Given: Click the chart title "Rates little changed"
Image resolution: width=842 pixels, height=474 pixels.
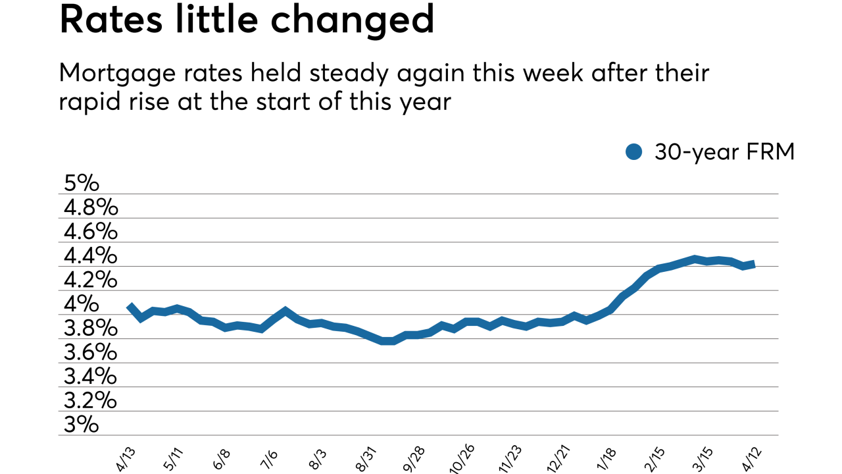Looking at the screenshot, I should [247, 20].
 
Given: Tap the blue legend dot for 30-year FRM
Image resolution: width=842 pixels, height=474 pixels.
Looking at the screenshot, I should [633, 152].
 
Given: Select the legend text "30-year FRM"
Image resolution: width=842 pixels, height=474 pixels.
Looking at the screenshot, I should [724, 152].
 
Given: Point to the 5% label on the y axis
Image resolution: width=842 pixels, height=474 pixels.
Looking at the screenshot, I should [82, 183].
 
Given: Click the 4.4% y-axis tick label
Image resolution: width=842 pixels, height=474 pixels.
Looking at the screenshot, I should [91, 255].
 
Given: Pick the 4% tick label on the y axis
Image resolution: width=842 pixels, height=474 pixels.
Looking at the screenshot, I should [82, 304].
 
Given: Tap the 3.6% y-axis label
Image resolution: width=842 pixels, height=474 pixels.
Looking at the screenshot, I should [91, 352].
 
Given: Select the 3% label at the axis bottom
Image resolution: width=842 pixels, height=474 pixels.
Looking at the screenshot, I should [82, 425].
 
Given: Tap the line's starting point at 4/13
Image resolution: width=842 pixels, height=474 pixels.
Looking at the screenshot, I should [130, 306].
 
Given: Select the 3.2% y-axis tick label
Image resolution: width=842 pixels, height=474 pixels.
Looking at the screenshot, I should [91, 400].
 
